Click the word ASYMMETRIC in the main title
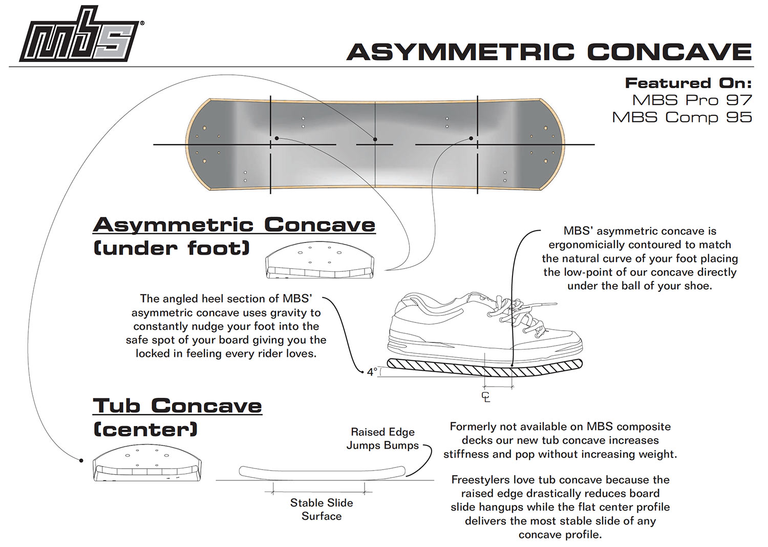[x=461, y=52]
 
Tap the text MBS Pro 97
[x=692, y=100]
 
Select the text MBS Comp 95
[x=682, y=117]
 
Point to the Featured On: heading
[x=689, y=83]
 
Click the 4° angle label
[x=372, y=372]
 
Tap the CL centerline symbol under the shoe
[x=486, y=397]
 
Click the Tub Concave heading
[x=177, y=406]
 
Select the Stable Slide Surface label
[x=321, y=509]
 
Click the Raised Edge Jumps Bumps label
[x=382, y=438]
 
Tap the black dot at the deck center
[x=375, y=139]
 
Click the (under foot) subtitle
[x=172, y=248]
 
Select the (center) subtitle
[x=145, y=429]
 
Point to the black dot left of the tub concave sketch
[x=81, y=460]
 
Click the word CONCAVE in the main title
[x=670, y=52]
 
